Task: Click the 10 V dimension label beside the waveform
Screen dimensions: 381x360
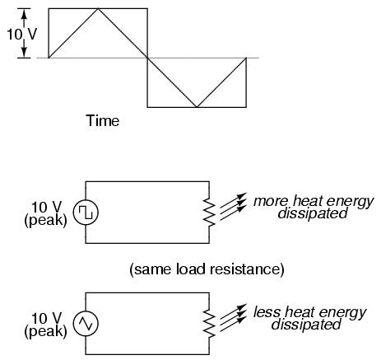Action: [x=22, y=35]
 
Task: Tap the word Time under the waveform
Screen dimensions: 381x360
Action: [x=103, y=120]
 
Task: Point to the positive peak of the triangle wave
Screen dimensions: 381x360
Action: [x=98, y=9]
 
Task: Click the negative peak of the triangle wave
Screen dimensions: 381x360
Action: [x=197, y=107]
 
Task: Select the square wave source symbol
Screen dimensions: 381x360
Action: [x=86, y=213]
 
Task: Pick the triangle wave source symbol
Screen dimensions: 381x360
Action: [x=86, y=324]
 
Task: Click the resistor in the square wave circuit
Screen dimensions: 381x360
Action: [x=209, y=213]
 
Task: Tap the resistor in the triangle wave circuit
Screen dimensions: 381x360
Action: [x=209, y=324]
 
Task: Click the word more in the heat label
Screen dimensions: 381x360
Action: [x=271, y=201]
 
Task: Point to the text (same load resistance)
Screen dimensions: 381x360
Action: [x=207, y=269]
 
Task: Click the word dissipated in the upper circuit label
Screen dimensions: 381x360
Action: [x=313, y=213]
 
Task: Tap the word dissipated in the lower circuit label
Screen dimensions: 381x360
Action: [x=306, y=325]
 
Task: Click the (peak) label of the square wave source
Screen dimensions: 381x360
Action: [x=45, y=220]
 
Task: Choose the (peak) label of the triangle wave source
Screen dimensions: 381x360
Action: [x=45, y=331]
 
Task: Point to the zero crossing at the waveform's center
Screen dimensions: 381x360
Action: [x=147, y=58]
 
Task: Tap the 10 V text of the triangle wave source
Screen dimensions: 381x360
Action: [x=47, y=318]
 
